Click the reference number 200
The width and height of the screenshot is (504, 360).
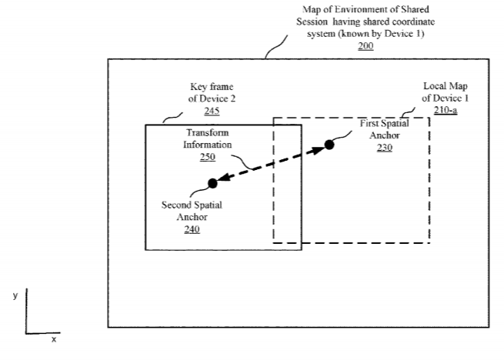365,46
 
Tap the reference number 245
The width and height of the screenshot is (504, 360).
212,111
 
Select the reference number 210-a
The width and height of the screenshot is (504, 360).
446,110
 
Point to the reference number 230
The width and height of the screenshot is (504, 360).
385,148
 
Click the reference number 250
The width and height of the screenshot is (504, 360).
208,157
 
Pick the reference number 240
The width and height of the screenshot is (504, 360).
192,229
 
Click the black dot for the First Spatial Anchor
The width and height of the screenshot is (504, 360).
329,145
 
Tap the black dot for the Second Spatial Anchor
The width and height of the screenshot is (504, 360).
212,183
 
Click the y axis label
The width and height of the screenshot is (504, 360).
15,295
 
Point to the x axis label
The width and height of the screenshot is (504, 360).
54,339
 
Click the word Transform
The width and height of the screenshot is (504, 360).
208,133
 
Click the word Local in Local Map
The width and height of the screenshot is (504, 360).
432,86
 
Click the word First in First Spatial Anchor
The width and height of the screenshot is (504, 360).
369,123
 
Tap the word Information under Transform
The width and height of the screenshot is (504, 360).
208,145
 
